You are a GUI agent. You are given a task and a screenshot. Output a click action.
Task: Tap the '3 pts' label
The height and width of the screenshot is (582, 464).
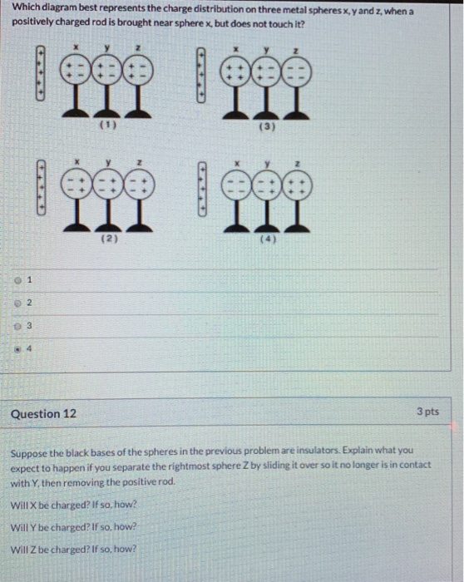(432, 412)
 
